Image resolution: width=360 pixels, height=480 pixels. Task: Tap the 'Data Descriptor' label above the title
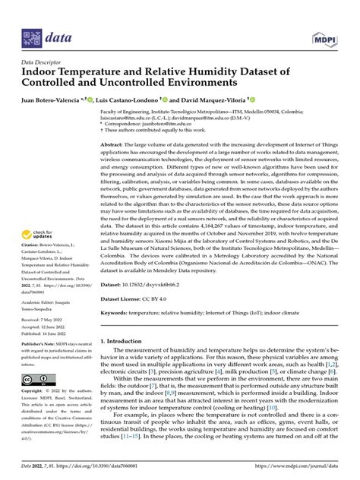(39, 63)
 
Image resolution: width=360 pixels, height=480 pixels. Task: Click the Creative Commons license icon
(36, 400)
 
